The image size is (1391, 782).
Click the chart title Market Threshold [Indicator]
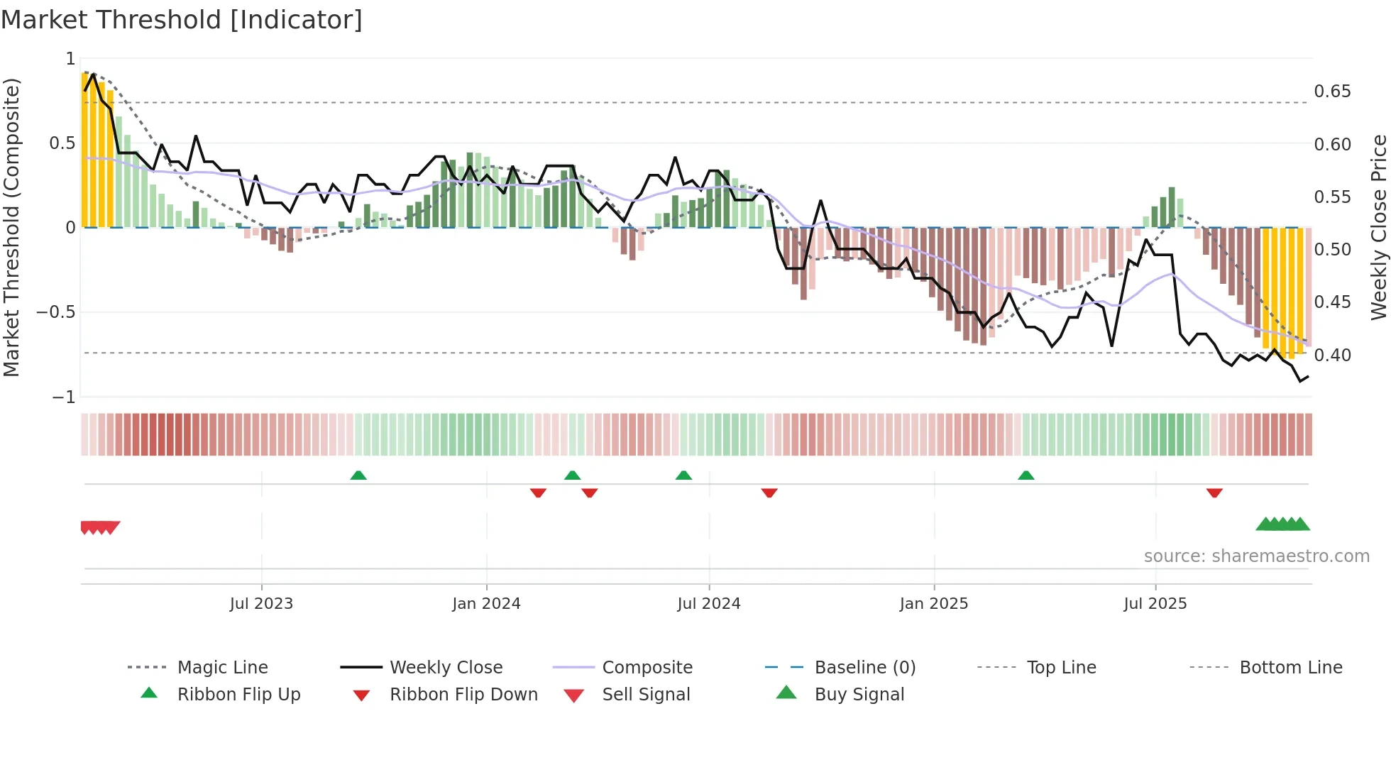tap(182, 20)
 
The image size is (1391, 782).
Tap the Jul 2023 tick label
tap(261, 604)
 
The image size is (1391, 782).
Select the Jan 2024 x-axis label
tap(486, 604)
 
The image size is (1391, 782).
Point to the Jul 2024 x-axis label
tap(708, 604)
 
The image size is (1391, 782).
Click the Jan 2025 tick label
tap(933, 604)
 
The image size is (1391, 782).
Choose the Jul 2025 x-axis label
tap(1155, 604)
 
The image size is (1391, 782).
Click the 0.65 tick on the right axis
tap(1332, 92)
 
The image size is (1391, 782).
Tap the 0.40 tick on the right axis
tap(1332, 355)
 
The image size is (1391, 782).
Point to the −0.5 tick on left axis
tap(56, 312)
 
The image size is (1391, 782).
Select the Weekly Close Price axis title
tap(1378, 227)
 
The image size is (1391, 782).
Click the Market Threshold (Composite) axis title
tap(11, 227)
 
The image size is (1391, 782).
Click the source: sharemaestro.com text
tap(1256, 556)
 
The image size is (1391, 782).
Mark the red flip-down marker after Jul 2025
tap(1214, 492)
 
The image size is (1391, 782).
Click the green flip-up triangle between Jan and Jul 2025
tap(1026, 475)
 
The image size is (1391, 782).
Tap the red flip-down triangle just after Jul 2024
tap(769, 492)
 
